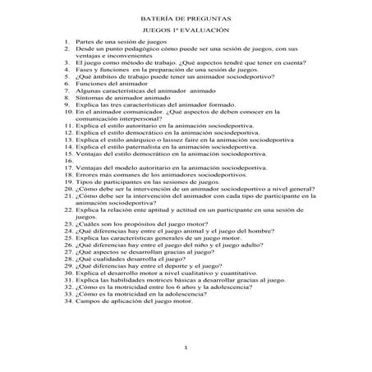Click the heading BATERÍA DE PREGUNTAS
[186, 16]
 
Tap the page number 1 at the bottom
[186, 349]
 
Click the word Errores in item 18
[87, 176]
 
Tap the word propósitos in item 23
[141, 224]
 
